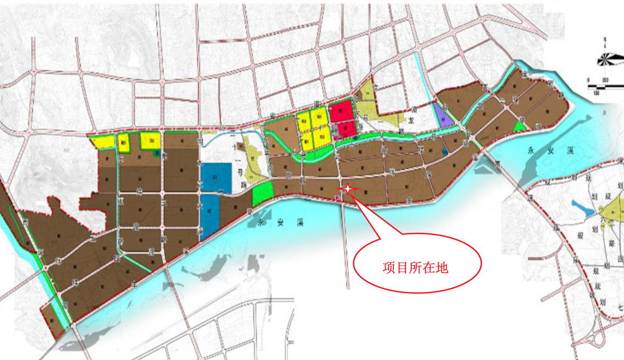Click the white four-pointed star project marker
click(348, 189)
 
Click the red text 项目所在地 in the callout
click(415, 268)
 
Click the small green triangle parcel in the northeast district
click(518, 127)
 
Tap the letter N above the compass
click(604, 40)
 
